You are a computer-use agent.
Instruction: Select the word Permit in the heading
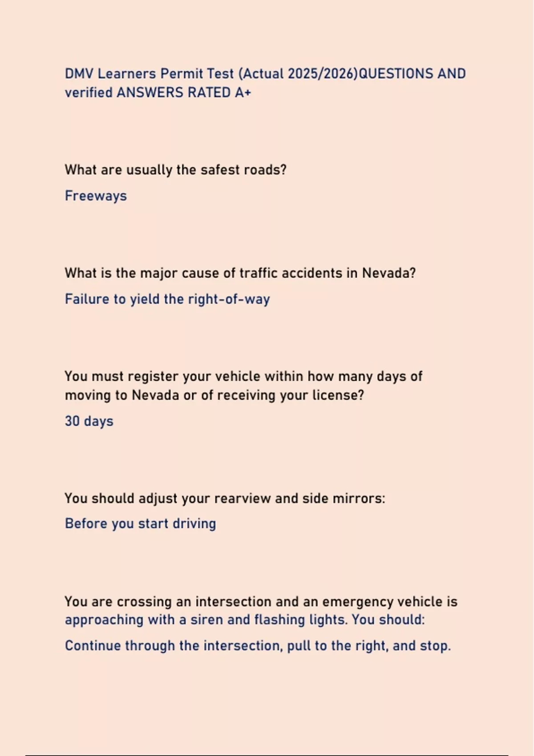(x=181, y=73)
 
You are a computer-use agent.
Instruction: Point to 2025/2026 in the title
(x=323, y=73)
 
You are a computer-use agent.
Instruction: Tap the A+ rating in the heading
(x=243, y=92)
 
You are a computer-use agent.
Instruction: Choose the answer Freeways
(x=96, y=196)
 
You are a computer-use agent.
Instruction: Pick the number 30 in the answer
(x=72, y=421)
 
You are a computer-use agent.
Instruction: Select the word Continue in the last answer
(x=93, y=646)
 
